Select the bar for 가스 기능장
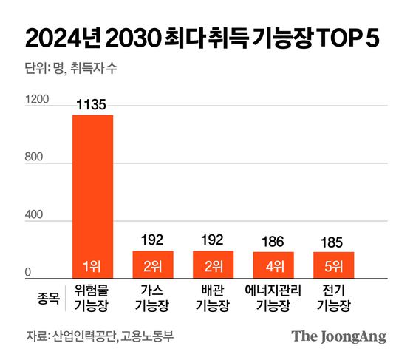point(153,263)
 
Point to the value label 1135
point(92,106)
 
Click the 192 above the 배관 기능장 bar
point(213,241)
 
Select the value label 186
point(273,242)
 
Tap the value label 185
point(334,242)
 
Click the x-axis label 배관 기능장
point(213,297)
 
